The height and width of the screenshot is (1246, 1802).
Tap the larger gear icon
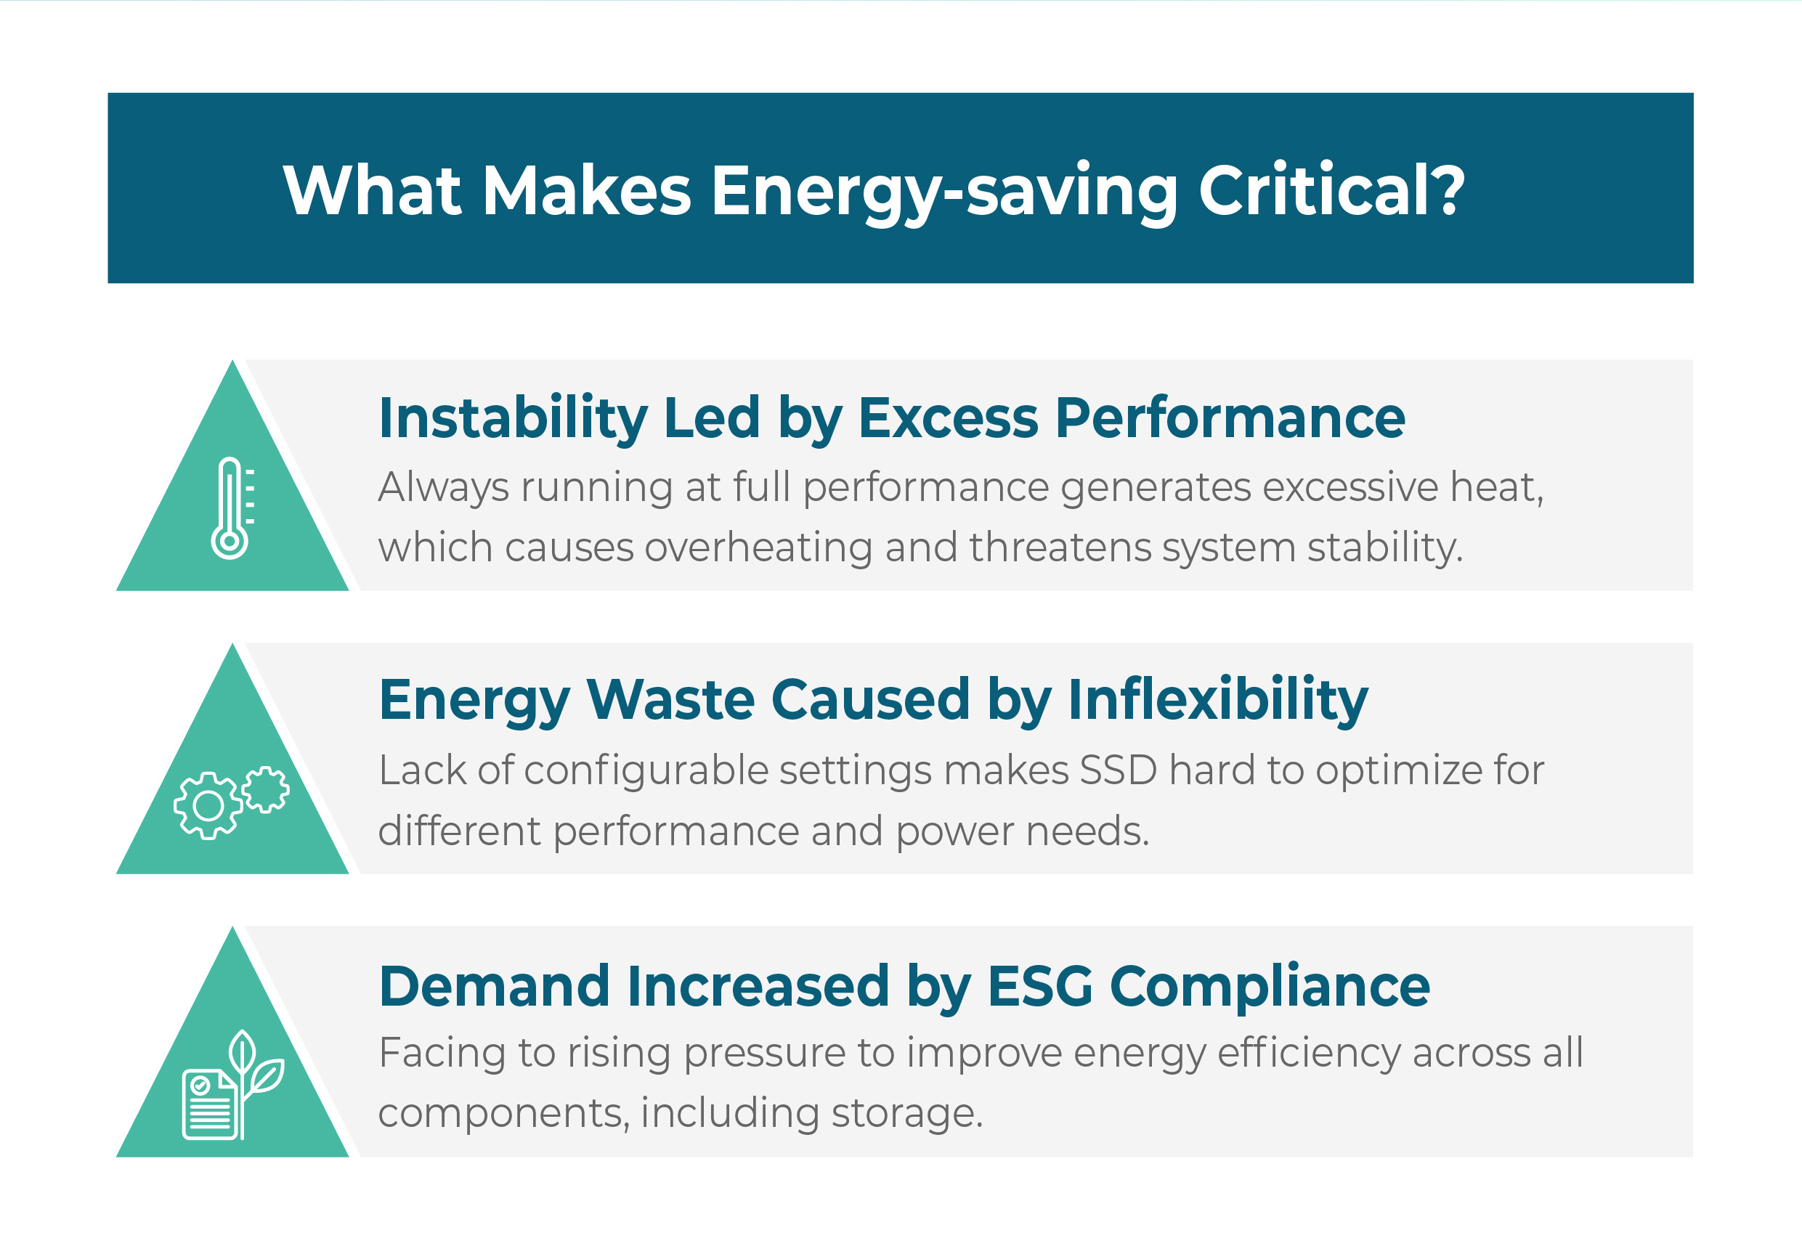tap(208, 805)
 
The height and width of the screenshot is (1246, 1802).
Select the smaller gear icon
tap(265, 789)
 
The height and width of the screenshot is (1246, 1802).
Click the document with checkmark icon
tap(209, 1104)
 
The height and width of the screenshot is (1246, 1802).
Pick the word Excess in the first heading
tap(949, 418)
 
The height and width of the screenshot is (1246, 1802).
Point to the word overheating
tap(758, 547)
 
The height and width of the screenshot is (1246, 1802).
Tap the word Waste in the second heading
tap(670, 699)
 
